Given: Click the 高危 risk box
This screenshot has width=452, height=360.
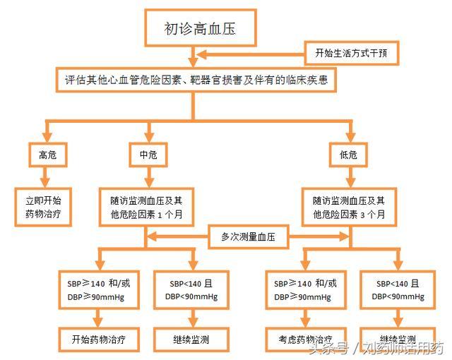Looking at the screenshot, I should click(x=43, y=155).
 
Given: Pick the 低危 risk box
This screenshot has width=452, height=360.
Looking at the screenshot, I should click(x=348, y=155).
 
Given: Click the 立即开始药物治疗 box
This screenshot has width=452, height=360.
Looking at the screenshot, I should click(x=43, y=206).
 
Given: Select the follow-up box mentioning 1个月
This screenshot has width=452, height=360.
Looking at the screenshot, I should click(x=145, y=206).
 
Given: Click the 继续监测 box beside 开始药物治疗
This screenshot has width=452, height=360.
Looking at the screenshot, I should click(x=190, y=339).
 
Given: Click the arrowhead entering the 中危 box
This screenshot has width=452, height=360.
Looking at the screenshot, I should click(x=148, y=139).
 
